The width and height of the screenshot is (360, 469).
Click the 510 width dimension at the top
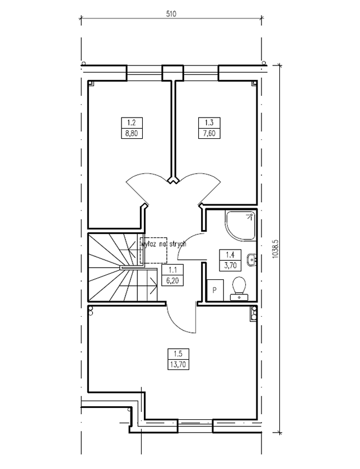click(171, 14)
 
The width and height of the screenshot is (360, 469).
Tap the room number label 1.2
click(132, 123)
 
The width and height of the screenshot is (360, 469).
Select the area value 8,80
click(132, 133)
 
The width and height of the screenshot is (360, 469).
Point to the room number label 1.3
click(209, 123)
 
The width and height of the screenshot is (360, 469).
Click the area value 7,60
click(209, 133)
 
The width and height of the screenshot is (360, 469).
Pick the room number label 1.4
click(230, 255)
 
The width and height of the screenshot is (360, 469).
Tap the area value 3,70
click(230, 265)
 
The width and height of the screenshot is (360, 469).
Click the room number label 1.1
click(172, 270)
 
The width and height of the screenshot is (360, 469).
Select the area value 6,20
click(172, 280)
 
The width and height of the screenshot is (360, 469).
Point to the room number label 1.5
click(177, 354)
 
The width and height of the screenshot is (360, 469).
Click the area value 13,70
click(177, 364)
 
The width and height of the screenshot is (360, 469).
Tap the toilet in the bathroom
click(239, 288)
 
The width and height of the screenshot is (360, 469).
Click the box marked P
click(215, 290)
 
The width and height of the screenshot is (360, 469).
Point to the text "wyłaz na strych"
click(163, 244)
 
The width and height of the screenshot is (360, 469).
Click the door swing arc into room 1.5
click(176, 324)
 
